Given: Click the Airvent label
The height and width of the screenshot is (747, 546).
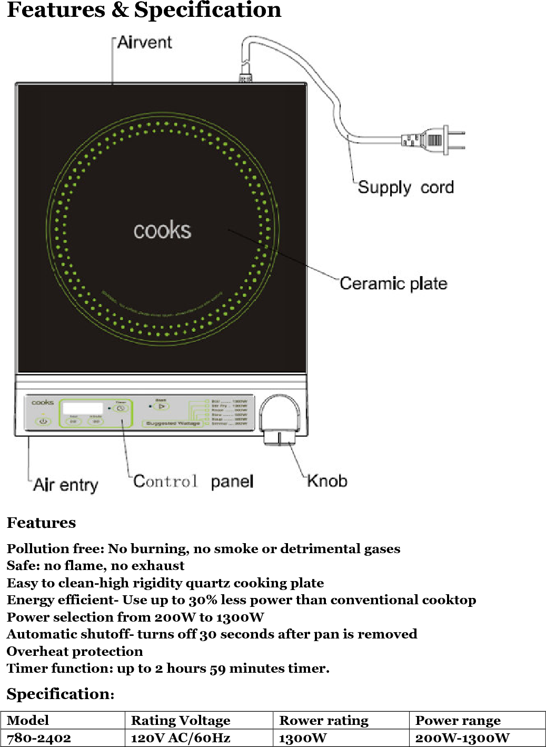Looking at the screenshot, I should [144, 43].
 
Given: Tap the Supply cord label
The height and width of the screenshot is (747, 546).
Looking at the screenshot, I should [405, 188].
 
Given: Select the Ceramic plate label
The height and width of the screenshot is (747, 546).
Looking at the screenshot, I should [393, 283].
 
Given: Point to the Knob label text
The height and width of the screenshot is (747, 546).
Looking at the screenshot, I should [327, 481].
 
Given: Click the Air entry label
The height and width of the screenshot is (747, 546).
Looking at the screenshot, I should [66, 485].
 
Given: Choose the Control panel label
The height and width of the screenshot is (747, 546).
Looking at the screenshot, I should [193, 481].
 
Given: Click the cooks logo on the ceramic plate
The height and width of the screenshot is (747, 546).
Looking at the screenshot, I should [162, 231].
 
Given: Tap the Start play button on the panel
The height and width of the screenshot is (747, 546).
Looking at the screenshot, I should [161, 407].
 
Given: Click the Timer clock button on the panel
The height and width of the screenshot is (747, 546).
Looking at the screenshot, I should [121, 408].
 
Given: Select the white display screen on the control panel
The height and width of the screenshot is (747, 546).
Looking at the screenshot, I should [83, 408].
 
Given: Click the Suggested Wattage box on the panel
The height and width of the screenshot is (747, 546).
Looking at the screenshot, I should [173, 424].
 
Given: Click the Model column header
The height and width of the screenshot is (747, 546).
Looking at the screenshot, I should [28, 720].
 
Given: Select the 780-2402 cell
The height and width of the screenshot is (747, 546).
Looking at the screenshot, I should [39, 738].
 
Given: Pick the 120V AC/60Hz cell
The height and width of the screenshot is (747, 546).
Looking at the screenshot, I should [181, 738].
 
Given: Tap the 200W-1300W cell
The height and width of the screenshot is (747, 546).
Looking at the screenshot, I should [462, 738].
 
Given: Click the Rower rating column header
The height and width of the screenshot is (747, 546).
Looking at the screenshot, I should [324, 720].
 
